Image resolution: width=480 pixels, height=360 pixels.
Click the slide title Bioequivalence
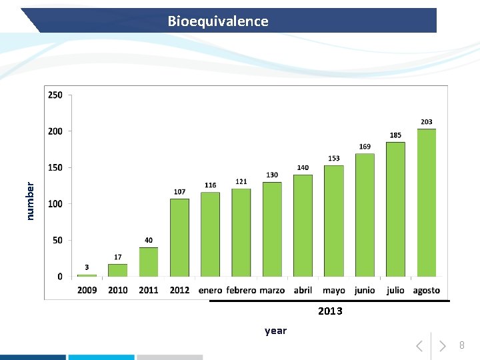[x=218, y=21]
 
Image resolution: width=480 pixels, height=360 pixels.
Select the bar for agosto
[x=427, y=203]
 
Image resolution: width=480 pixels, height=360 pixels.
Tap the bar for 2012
[x=179, y=237]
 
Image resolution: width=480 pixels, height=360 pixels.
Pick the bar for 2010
[x=118, y=270]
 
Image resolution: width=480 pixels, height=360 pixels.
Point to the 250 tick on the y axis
[x=55, y=95]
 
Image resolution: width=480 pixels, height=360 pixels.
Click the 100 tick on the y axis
[x=55, y=204]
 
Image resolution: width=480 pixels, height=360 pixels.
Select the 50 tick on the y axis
[x=57, y=240]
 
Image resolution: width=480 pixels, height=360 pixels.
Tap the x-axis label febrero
[x=241, y=291]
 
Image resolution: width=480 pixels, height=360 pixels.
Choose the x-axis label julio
[x=395, y=291]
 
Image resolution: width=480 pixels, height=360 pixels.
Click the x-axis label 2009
[x=87, y=291]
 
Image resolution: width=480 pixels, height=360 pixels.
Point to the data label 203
[x=427, y=122]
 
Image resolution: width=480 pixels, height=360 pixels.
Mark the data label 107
[x=179, y=192]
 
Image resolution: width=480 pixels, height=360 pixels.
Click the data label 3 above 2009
[x=87, y=267]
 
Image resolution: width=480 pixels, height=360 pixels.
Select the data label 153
[x=334, y=159]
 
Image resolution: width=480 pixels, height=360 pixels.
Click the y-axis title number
[x=30, y=201]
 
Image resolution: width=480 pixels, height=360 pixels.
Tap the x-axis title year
[x=275, y=331]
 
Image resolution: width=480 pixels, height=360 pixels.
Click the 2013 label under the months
[x=330, y=311]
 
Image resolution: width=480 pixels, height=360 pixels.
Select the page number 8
[x=461, y=345]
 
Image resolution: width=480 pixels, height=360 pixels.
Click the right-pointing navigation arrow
[x=442, y=346]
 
